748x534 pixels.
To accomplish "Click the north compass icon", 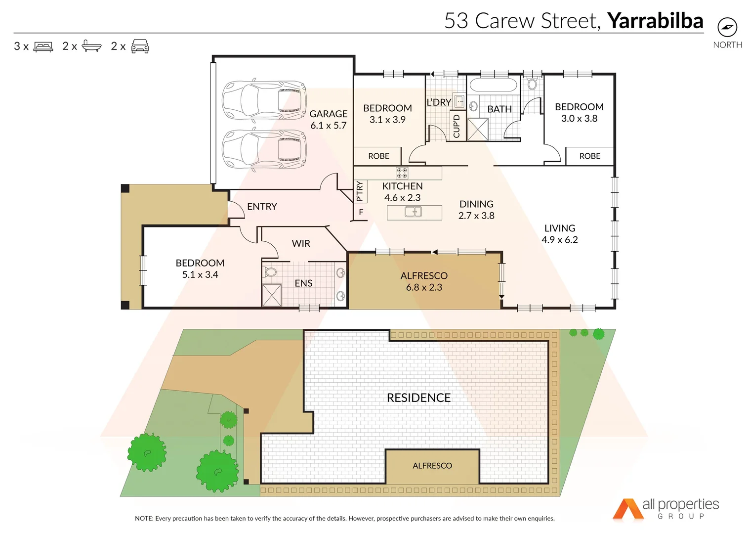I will (727, 27).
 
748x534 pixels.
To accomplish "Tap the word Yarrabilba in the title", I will (655, 21).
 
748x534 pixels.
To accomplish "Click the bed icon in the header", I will (43, 46).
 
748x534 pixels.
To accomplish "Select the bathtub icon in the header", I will (91, 46).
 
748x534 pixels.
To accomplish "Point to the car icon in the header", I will (140, 46).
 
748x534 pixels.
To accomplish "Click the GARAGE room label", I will (329, 114).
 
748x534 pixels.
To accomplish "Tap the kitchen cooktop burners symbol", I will (402, 173).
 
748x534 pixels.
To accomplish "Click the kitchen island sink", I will (414, 212).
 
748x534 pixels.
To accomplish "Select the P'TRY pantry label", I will (360, 191).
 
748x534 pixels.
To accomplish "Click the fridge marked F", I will (361, 212).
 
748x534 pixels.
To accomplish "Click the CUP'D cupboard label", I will (457, 126).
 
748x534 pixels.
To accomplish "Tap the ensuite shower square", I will (272, 295).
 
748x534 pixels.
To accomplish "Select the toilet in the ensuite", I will (271, 272).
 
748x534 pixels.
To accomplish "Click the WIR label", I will (301, 243).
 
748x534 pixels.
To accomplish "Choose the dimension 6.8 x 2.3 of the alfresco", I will (424, 287).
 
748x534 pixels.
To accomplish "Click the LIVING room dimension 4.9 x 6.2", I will (559, 240).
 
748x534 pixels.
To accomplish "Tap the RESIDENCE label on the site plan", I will (418, 398).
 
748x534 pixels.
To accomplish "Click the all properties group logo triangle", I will (627, 509).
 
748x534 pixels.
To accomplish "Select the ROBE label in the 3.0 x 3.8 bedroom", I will (589, 156).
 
